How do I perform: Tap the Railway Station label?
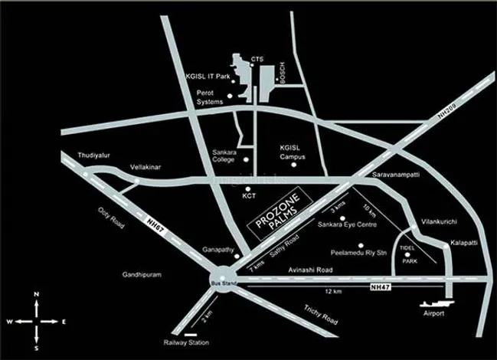coord(186,342)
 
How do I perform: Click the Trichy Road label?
coord(319,313)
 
